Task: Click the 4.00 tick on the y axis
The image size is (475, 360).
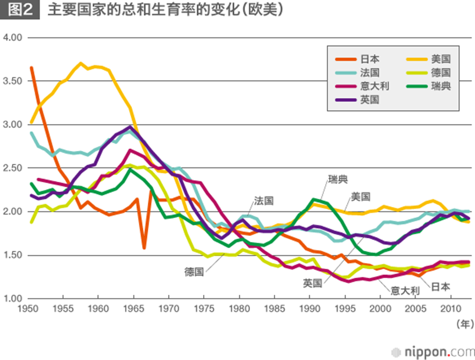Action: click(12, 38)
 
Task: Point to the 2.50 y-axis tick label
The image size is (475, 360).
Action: click(12, 168)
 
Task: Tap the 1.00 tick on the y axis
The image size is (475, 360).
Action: click(12, 299)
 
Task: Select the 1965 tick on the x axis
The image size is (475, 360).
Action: click(133, 308)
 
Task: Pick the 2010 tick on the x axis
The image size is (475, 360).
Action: click(451, 308)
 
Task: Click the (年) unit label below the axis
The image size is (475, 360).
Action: click(465, 324)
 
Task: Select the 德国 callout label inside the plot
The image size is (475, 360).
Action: click(194, 271)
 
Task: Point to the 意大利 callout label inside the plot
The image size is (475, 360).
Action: click(405, 291)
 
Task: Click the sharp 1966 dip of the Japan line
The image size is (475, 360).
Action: click(144, 248)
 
